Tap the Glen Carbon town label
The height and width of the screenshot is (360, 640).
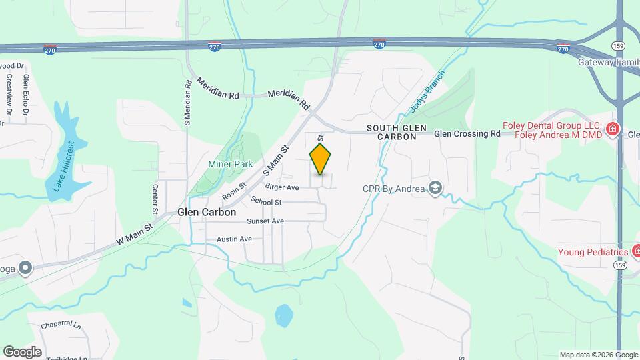click(207, 212)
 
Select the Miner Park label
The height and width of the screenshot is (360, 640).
click(230, 164)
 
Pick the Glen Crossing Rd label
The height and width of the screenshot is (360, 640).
click(467, 133)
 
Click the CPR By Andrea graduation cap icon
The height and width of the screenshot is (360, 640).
click(435, 189)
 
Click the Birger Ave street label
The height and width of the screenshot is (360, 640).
click(281, 187)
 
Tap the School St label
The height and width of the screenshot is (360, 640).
click(267, 201)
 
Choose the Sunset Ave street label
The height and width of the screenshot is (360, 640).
click(265, 221)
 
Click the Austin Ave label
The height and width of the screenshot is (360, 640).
click(234, 239)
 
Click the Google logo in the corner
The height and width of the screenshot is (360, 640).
click(22, 351)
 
